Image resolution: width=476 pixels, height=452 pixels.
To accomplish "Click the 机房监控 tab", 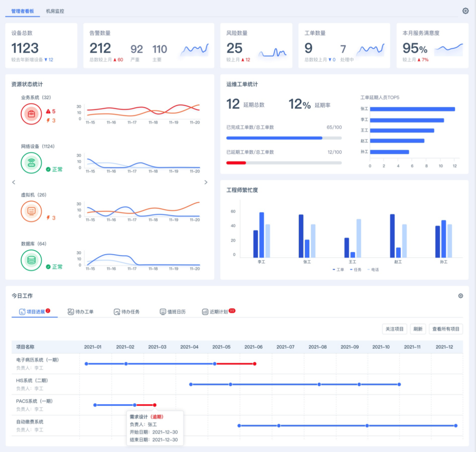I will [x=55, y=11].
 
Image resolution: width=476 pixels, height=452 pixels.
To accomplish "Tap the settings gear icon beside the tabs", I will [x=465, y=11].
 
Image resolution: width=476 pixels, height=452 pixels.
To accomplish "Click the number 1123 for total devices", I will [x=25, y=48].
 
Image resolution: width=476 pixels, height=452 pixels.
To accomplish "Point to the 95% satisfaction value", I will [x=415, y=48].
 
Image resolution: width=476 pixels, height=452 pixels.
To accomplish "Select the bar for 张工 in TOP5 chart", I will [x=412, y=109].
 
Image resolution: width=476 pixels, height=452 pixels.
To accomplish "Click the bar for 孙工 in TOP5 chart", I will [x=390, y=152].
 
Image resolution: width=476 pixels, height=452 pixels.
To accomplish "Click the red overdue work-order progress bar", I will [x=236, y=163].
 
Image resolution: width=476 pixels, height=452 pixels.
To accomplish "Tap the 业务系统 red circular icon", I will [x=31, y=114].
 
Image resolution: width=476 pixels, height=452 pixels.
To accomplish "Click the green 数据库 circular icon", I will [x=31, y=260].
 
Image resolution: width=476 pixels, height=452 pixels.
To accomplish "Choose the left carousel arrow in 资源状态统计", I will [x=14, y=182].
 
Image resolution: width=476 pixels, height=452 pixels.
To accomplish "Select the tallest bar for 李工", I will [x=261, y=235].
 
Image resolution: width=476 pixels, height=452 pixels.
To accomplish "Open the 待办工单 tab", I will [x=81, y=312].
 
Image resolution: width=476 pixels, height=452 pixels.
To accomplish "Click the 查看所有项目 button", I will [x=446, y=329].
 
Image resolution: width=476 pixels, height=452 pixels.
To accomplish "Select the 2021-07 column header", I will [x=285, y=347].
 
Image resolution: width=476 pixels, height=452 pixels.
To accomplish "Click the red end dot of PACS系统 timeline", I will [x=155, y=405].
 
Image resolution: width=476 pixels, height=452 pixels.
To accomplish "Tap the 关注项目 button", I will [x=395, y=329].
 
